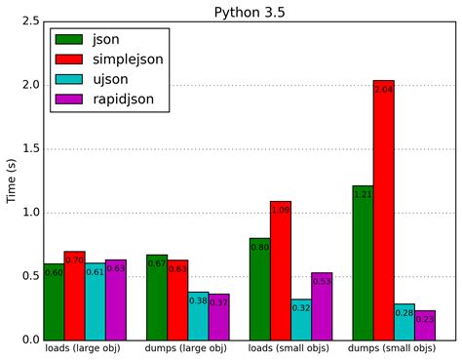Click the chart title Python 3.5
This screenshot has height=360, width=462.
pos(250,11)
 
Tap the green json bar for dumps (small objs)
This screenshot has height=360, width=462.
pos(363,262)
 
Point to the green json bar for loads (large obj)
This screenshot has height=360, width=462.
pos(54,301)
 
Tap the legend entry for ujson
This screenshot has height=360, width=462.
pos(109,80)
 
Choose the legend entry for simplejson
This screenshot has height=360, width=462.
pos(127,60)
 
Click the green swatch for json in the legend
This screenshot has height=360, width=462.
pos(69,39)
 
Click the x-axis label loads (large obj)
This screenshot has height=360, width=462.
pos(84,348)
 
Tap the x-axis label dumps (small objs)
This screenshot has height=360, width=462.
pos(393,348)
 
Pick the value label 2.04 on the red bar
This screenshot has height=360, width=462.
pos(383,90)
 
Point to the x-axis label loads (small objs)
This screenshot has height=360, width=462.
pos(290,348)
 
